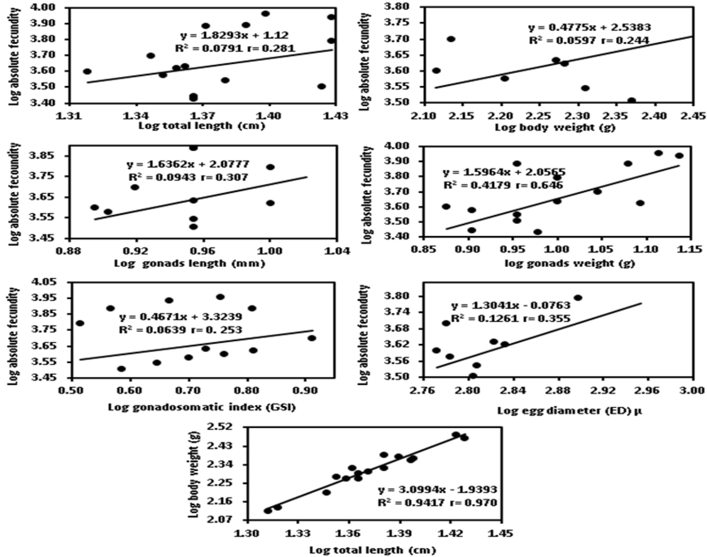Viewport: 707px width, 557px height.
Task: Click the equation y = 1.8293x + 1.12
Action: [234, 35]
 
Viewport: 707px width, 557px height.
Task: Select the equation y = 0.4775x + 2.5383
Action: [589, 27]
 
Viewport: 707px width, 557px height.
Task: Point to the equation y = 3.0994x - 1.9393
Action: [437, 489]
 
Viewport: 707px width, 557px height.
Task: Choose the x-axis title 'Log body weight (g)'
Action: [555, 128]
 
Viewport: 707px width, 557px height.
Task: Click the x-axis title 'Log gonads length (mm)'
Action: [190, 263]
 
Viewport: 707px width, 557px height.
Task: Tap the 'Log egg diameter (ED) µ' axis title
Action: [569, 411]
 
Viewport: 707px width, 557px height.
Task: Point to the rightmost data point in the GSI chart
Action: [312, 338]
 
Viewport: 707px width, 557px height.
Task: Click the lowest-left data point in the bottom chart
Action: [268, 511]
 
